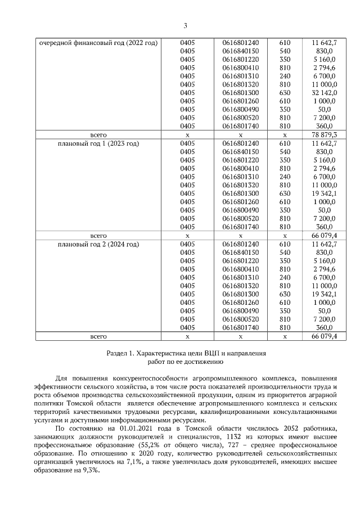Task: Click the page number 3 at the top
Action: pyautogui.click(x=185, y=25)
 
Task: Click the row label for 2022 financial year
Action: pyautogui.click(x=98, y=43)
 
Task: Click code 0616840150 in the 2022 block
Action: pyautogui.click(x=240, y=51)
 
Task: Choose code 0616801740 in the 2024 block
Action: pyautogui.click(x=240, y=328)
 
